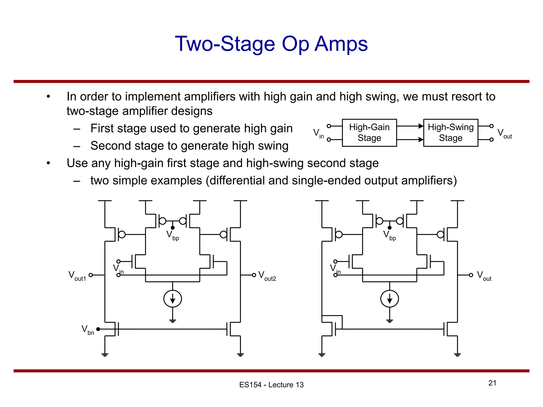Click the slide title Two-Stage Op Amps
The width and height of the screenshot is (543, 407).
tap(271, 44)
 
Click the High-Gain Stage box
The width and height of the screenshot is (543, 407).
tap(369, 133)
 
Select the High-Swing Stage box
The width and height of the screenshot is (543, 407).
tap(450, 133)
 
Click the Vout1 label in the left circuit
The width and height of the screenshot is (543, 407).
tap(77, 276)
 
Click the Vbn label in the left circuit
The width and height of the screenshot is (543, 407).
tap(87, 330)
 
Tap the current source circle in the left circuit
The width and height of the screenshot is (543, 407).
tap(173, 299)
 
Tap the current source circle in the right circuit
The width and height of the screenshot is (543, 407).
tap(389, 299)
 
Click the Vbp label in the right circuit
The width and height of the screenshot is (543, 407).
tap(389, 235)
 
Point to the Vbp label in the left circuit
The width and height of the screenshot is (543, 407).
tap(173, 235)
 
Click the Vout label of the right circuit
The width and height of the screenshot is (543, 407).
tap(484, 276)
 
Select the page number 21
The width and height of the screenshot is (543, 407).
tap(492, 383)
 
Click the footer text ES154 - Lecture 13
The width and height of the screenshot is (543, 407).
tap(271, 385)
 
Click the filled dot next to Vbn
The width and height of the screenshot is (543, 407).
tap(98, 329)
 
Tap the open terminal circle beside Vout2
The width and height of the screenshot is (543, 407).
tap(254, 275)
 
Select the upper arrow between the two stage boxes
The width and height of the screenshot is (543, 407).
tap(410, 126)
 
